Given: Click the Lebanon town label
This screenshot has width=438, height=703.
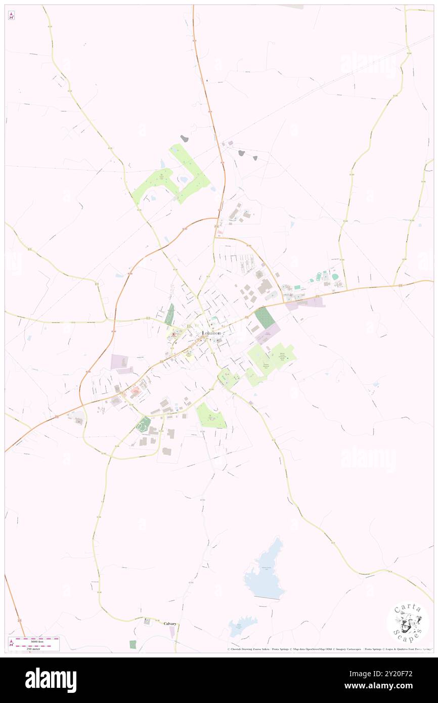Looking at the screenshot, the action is [x=211, y=333].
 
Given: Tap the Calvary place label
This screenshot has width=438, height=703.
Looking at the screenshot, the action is [x=169, y=624].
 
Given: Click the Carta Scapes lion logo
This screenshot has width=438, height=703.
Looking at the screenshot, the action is [x=408, y=622].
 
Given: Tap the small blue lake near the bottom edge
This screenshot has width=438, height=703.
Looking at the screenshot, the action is [x=237, y=627].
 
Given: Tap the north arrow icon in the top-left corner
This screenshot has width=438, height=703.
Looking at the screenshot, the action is [x=11, y=16].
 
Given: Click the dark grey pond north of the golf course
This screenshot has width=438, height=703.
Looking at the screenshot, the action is [x=185, y=138].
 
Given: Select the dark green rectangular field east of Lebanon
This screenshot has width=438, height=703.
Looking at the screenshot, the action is [x=265, y=318].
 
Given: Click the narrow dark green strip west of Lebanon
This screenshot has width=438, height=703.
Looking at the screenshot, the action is [x=169, y=314].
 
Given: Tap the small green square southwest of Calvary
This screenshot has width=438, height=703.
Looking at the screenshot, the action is [x=133, y=644].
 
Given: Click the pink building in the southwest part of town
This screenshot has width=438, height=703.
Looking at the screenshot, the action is [x=136, y=390].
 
